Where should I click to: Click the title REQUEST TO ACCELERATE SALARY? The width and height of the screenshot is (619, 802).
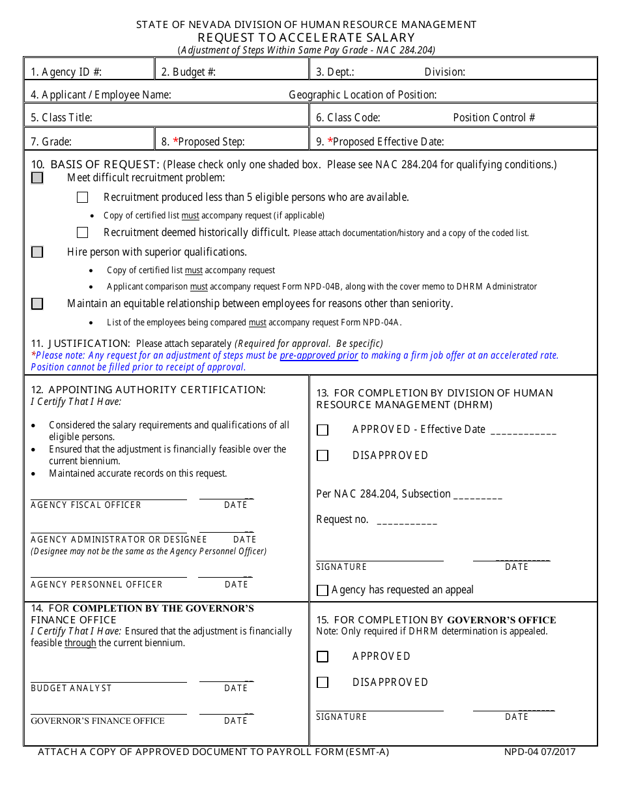click(x=306, y=37)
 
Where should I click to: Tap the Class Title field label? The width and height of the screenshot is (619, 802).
click(x=61, y=117)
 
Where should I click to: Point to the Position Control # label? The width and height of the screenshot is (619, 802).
click(x=494, y=117)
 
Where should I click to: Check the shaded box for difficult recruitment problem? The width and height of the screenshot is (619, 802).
click(x=37, y=178)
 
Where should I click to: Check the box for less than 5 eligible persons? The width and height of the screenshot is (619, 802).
click(x=82, y=198)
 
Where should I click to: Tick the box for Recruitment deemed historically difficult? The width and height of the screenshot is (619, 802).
click(x=82, y=233)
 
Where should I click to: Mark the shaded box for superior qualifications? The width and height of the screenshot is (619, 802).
click(x=37, y=252)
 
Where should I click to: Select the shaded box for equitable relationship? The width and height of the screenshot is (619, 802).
click(x=37, y=304)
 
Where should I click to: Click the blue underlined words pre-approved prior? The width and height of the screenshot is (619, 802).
click(x=319, y=355)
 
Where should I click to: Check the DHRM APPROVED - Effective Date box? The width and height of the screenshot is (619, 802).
click(x=323, y=430)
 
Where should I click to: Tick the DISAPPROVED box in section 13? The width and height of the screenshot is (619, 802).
click(x=323, y=456)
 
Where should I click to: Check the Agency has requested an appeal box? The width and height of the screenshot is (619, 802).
click(x=322, y=591)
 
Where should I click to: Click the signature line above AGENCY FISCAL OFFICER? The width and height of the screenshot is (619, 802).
click(x=108, y=499)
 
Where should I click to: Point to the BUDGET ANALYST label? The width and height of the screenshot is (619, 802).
click(x=71, y=688)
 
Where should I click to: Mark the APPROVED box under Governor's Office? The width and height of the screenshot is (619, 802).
click(x=323, y=657)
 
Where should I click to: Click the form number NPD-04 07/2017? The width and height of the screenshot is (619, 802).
click(x=540, y=752)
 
